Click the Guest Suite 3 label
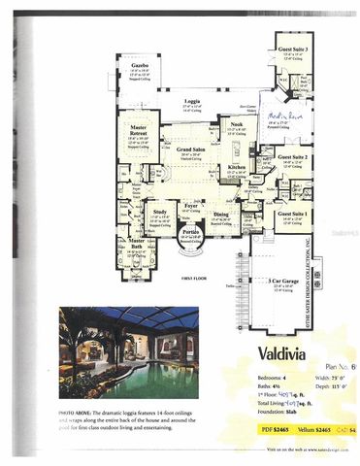[x=291, y=47]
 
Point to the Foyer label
[x=191, y=205]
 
